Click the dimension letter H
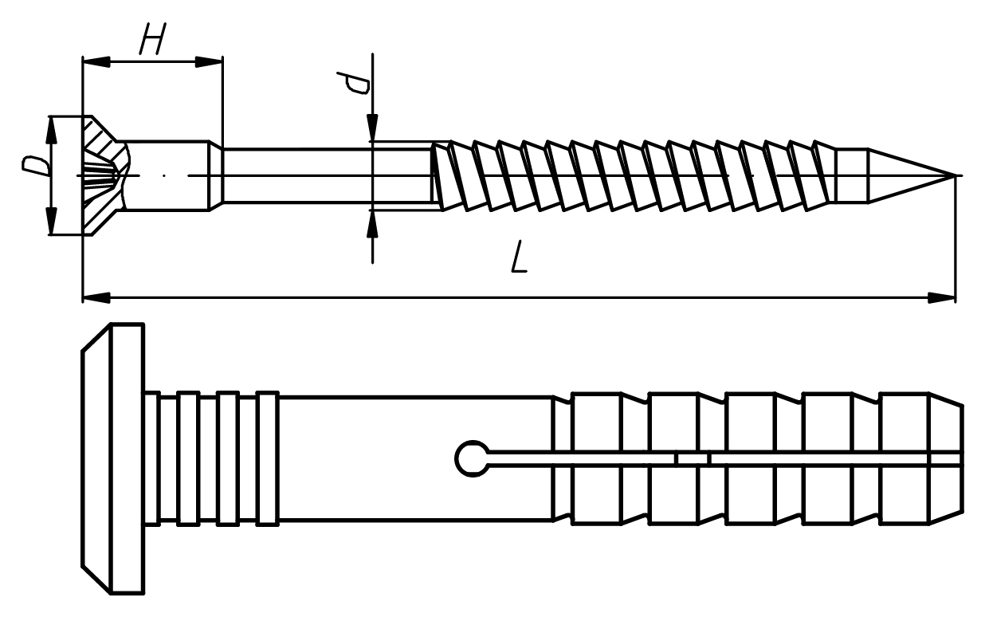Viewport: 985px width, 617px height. tap(152, 39)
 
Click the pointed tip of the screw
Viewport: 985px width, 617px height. tap(955, 175)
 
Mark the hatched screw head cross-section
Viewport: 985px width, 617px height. tap(105, 176)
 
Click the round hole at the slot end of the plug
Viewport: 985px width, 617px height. tap(473, 458)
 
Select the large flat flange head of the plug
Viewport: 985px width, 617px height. tap(113, 459)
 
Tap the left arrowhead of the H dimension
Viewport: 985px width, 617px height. tap(96, 62)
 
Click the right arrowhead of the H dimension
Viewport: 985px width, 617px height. tap(209, 62)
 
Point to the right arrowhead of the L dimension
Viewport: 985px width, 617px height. tap(941, 297)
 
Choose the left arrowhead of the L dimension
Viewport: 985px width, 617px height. tap(96, 297)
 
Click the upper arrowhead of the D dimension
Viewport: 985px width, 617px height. tap(52, 131)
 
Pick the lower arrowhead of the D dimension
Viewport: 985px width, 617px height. tap(52, 221)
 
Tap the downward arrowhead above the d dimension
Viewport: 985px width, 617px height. tap(372, 128)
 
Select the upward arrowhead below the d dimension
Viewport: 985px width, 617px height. tap(372, 224)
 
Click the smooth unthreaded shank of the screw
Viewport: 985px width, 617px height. tap(327, 176)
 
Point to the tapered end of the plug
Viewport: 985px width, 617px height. tap(945, 458)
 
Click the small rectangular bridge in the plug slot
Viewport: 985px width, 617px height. tap(693, 458)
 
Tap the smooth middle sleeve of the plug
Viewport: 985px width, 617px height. tap(415, 458)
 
